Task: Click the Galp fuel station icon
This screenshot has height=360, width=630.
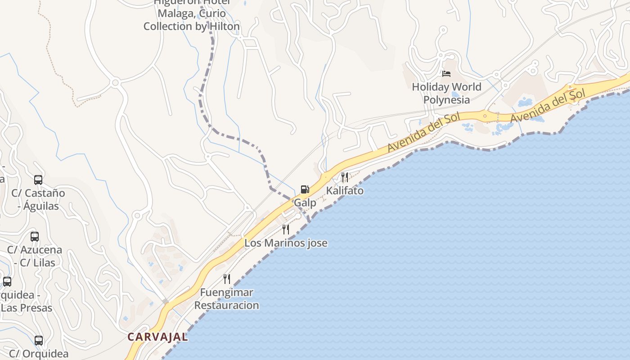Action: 305,189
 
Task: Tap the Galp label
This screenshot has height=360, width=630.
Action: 305,203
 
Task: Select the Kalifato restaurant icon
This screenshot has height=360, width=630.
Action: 345,177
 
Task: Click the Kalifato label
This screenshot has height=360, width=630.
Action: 345,190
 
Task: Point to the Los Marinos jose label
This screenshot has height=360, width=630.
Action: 286,243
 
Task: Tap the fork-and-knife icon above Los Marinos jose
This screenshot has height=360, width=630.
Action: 286,229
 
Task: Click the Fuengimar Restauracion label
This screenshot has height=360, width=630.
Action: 226,299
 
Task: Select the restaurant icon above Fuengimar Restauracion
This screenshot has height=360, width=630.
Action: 227,279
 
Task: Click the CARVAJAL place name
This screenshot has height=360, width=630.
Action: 157,337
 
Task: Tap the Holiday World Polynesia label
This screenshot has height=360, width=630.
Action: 446,93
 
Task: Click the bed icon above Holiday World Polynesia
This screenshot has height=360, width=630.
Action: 446,74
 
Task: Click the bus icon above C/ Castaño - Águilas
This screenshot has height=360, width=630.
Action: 38,180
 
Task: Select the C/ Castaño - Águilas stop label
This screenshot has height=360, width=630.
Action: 38,199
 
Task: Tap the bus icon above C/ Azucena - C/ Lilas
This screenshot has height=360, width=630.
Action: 35,236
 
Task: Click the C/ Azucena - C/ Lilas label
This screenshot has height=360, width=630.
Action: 35,256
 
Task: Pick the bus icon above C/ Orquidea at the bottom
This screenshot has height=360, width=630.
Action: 39,341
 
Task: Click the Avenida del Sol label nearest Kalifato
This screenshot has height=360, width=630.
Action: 424,132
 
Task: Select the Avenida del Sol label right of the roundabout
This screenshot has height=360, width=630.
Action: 548,107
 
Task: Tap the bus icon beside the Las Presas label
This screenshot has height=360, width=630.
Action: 7,282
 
